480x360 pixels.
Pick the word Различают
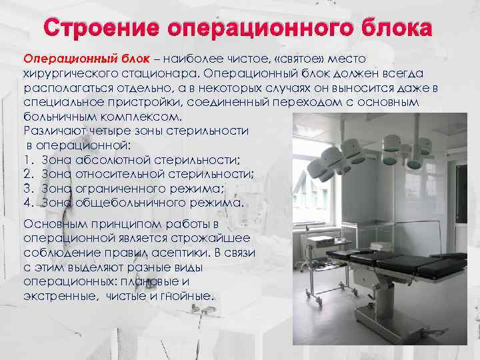click(x=53, y=131)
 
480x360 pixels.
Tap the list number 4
click(x=27, y=203)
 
